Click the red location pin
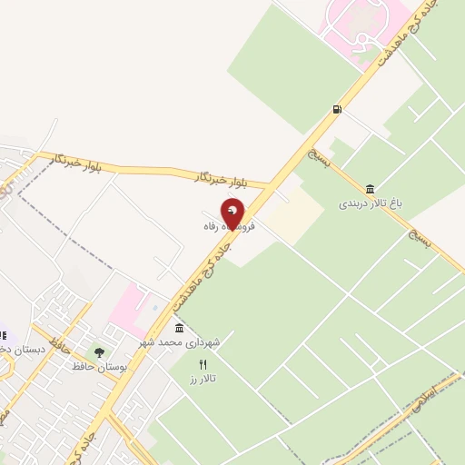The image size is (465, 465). (x=233, y=213)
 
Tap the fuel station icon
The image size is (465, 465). (x=338, y=110)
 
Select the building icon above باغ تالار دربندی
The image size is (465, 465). (x=370, y=189)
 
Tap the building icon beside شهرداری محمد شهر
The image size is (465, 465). (x=179, y=327)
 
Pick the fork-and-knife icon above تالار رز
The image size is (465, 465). (x=203, y=363)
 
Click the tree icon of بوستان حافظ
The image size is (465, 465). (x=99, y=352)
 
